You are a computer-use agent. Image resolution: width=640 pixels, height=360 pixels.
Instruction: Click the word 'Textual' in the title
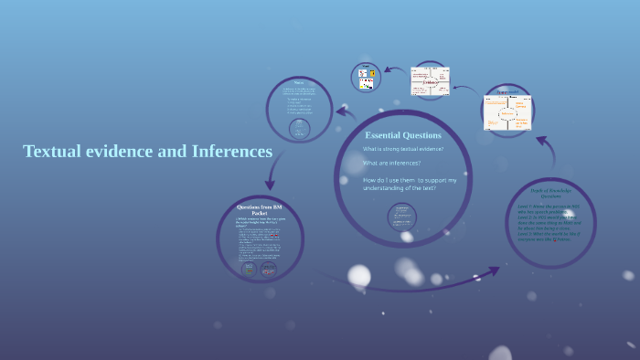(x=54, y=151)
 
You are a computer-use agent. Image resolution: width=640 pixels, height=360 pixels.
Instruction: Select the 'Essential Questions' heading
(x=403, y=135)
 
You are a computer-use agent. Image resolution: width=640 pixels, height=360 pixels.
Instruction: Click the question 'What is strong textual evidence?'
(x=403, y=149)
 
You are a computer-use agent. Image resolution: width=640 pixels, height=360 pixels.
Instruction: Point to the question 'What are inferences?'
(x=391, y=163)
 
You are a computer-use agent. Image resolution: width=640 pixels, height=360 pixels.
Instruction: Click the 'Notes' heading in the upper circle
(x=299, y=82)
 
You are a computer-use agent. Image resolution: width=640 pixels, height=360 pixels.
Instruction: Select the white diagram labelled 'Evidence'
(x=431, y=80)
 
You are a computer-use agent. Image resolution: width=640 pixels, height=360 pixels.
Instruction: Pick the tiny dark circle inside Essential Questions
(x=401, y=217)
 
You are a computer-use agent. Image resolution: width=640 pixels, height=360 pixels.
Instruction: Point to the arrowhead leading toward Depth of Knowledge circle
(x=494, y=270)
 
